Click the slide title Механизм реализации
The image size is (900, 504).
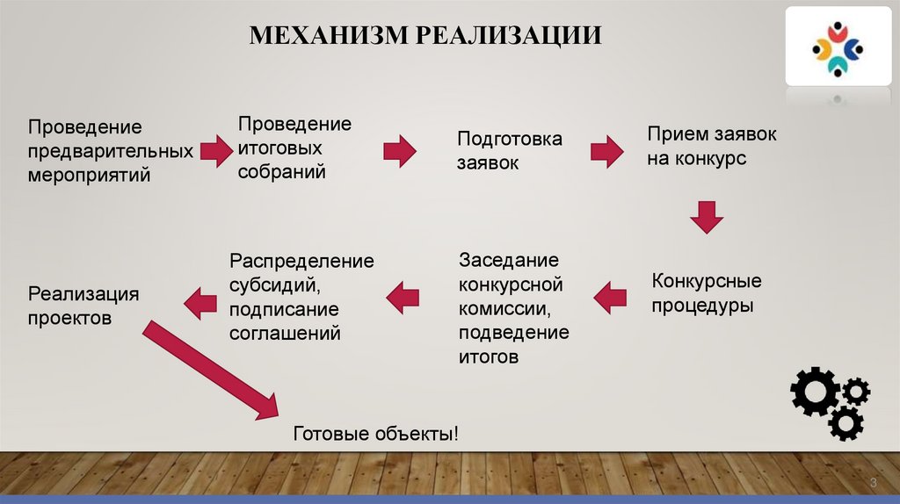pos(425,35)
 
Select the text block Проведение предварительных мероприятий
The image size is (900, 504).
pos(110,151)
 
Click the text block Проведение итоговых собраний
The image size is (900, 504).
pos(294,148)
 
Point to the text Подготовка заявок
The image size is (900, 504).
pos(509,151)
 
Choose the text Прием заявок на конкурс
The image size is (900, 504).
pos(712,147)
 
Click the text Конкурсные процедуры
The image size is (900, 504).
pos(706,294)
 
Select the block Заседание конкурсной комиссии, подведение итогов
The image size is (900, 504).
pos(513,308)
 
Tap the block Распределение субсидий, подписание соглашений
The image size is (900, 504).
pos(301,297)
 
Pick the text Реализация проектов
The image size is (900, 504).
pos(83,306)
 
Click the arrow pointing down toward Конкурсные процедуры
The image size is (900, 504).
pos(705,217)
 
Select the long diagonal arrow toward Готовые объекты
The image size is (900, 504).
pos(211,369)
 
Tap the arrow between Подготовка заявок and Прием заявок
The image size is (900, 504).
pos(606,151)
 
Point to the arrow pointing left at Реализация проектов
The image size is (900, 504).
pos(200,303)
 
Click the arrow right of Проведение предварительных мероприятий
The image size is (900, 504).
pos(215,151)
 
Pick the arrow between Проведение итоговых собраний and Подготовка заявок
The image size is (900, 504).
pos(400,151)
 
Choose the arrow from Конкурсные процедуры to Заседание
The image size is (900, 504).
pos(609,298)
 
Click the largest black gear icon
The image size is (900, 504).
pos(815,391)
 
